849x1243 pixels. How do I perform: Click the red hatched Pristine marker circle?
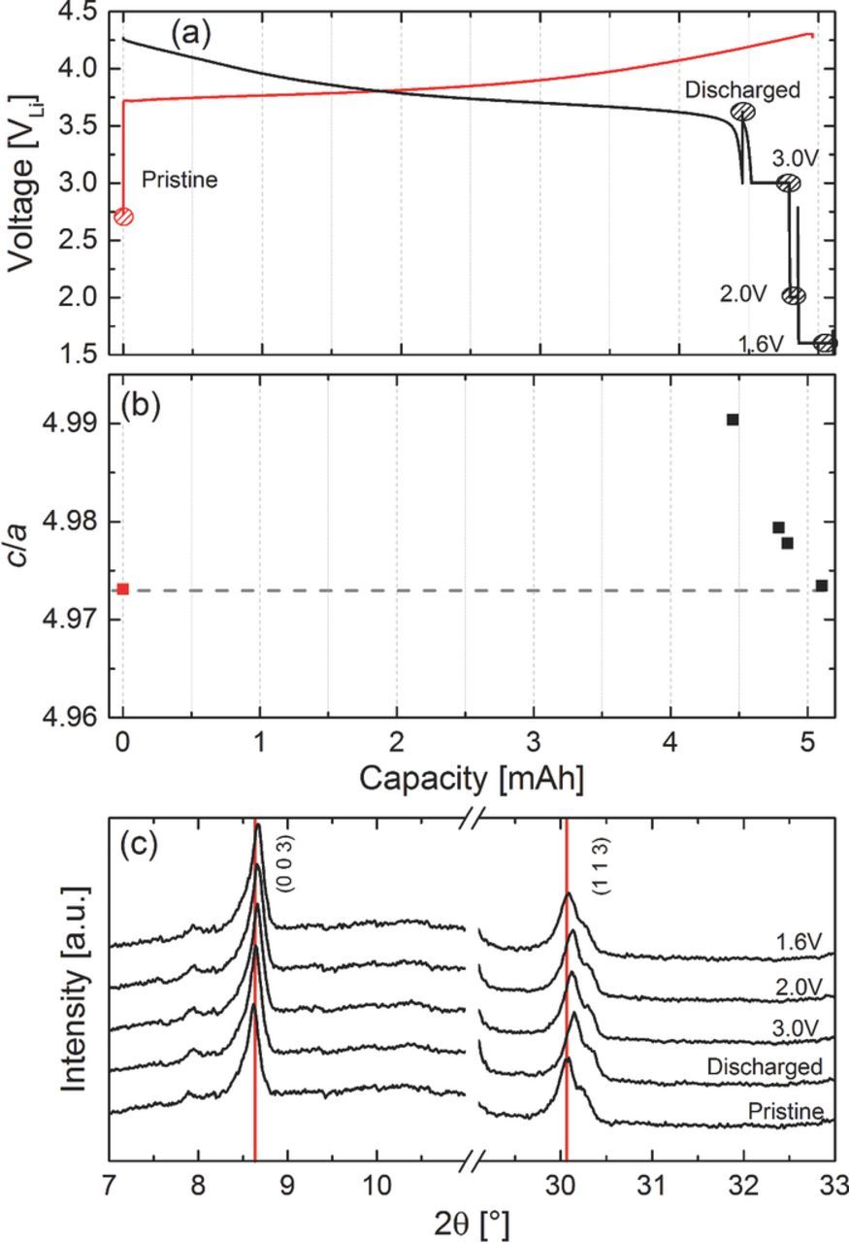point(123,217)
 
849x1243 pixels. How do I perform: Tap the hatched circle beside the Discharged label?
point(742,112)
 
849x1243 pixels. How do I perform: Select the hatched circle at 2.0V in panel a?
point(794,295)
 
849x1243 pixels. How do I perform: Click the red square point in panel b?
point(122,588)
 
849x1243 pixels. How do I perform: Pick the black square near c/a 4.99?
point(733,420)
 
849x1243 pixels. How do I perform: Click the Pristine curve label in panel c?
point(786,1110)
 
